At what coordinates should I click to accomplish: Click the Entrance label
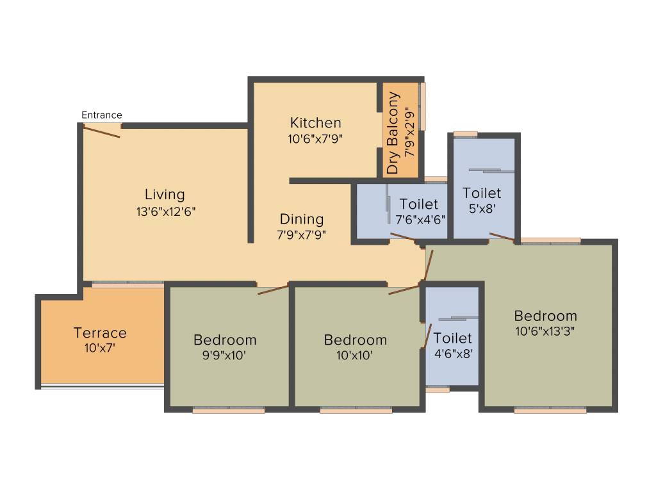tap(101, 115)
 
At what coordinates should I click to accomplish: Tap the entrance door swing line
tap(101, 131)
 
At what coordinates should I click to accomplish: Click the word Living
tap(165, 195)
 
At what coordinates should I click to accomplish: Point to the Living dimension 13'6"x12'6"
tap(165, 211)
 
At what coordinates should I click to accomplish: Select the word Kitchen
tap(315, 123)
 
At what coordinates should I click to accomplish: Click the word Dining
tap(302, 219)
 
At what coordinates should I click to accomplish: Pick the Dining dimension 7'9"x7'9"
tap(302, 234)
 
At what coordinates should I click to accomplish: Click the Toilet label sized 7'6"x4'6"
tap(419, 204)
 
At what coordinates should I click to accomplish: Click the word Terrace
tap(100, 333)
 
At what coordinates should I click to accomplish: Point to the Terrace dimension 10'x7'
tap(100, 348)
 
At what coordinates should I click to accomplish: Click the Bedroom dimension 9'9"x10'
tap(224, 356)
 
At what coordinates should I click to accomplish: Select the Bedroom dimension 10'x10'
tap(356, 356)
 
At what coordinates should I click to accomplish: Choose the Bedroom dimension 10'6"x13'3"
tap(546, 331)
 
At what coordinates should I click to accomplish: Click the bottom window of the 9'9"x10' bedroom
tap(229, 410)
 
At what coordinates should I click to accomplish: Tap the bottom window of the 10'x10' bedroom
tap(356, 410)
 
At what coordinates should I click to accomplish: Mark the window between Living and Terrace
tap(127, 284)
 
